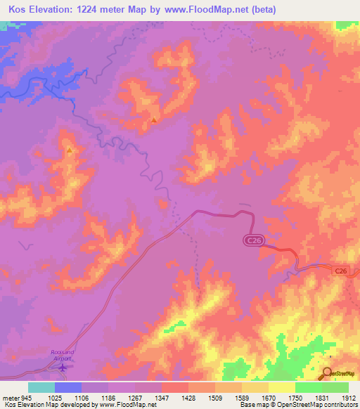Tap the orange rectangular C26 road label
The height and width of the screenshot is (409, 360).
tap(341, 271)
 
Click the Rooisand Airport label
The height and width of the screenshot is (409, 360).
tap(62, 355)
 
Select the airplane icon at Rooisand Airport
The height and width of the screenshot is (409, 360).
tap(63, 366)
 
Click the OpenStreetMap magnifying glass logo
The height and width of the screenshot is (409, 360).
tap(328, 372)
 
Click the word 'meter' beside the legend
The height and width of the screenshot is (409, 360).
tap(9, 397)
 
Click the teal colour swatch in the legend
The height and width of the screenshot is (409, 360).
tap(41, 387)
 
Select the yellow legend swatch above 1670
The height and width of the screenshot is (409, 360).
tap(281, 387)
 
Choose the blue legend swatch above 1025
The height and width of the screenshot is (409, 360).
tap(67, 387)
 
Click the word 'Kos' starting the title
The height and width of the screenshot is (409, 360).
tap(18, 9)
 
